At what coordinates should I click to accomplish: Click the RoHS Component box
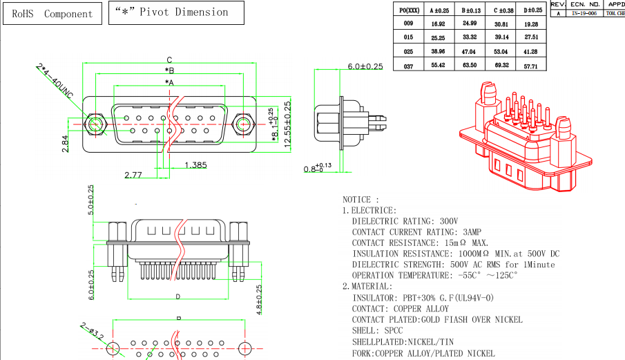coord(52,14)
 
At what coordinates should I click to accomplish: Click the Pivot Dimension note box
coord(177,12)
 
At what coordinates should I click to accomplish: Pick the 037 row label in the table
coord(409,66)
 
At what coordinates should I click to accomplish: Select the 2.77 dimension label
coord(133,175)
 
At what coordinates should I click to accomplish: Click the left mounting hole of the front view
coord(95,124)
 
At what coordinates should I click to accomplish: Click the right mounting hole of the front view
coord(242,124)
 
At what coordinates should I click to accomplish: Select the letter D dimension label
coord(177,296)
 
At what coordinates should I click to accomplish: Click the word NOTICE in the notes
coord(360,199)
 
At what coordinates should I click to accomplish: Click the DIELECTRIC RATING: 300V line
coord(405,221)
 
